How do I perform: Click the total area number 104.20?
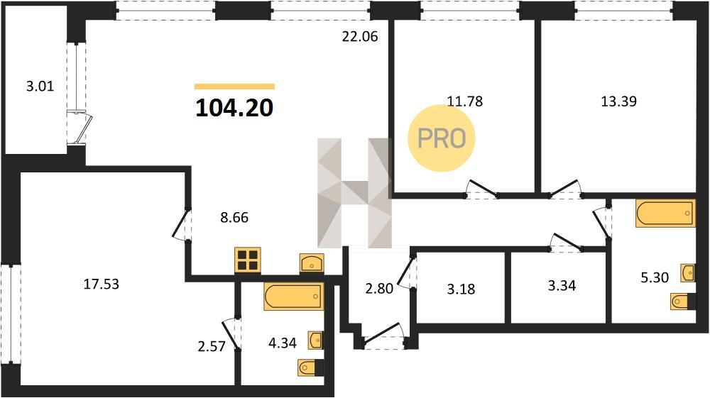click(234, 108)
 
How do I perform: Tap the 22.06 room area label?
click(359, 36)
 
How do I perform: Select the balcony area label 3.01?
click(40, 86)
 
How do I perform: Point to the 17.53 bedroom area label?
click(102, 284)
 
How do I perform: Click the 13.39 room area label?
click(618, 101)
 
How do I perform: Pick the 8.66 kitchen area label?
click(234, 218)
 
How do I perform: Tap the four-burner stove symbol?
click(248, 260)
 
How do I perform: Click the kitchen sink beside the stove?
click(312, 262)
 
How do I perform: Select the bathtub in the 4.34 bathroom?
click(294, 297)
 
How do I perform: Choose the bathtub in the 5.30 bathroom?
click(665, 213)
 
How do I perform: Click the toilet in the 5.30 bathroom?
click(682, 302)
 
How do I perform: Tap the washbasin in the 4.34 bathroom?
click(316, 340)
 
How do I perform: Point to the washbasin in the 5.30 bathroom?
click(688, 272)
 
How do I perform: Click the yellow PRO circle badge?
click(442, 138)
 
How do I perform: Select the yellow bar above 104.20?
click(234, 87)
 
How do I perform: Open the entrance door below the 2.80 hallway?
click(384, 336)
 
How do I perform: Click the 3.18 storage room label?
click(461, 289)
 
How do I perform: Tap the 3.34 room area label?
click(562, 286)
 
